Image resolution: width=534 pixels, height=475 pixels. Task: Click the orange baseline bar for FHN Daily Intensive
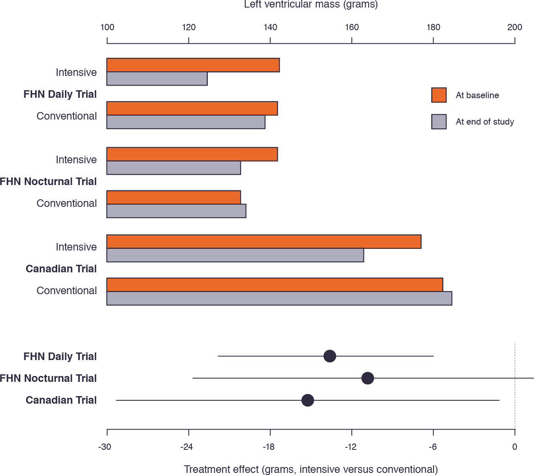click(x=193, y=65)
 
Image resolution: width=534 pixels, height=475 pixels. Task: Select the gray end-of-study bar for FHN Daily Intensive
click(x=157, y=79)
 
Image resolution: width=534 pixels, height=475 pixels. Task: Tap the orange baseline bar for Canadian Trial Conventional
click(x=275, y=284)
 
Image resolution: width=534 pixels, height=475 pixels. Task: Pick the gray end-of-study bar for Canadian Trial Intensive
click(x=235, y=255)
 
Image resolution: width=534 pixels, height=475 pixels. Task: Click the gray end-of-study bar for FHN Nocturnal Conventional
click(x=176, y=211)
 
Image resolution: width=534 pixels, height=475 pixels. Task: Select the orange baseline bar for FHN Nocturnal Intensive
click(x=192, y=154)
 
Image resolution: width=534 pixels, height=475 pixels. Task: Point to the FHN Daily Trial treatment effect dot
click(x=330, y=356)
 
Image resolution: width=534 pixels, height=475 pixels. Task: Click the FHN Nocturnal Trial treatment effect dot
click(x=368, y=378)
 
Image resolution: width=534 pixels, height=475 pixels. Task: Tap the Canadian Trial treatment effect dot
click(x=308, y=400)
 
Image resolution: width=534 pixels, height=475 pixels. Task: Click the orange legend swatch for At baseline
click(x=439, y=95)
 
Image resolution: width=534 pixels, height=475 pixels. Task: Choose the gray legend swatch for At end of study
click(x=439, y=122)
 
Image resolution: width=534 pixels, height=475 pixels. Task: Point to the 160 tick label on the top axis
click(x=352, y=27)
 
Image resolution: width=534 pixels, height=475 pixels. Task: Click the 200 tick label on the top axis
click(x=515, y=27)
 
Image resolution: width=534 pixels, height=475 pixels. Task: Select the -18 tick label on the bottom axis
click(x=269, y=447)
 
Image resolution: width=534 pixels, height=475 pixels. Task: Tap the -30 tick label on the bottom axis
click(x=105, y=447)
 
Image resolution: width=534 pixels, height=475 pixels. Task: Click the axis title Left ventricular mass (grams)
click(x=311, y=5)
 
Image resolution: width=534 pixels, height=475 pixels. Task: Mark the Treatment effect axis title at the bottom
click(x=311, y=469)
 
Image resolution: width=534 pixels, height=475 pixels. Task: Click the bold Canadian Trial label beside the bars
click(x=61, y=269)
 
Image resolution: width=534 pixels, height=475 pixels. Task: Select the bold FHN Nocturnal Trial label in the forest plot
click(x=49, y=378)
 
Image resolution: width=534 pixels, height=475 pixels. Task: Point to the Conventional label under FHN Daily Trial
click(x=67, y=116)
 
